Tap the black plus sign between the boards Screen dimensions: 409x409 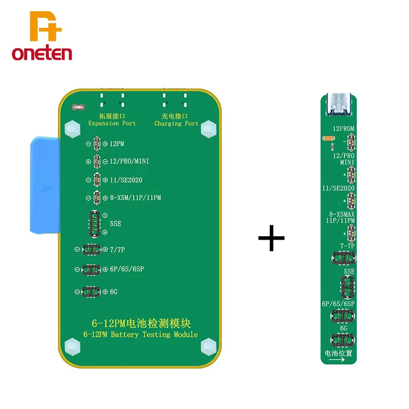271,238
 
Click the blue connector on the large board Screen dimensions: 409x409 44,185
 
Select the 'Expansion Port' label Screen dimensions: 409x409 112,123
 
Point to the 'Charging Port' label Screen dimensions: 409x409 176,123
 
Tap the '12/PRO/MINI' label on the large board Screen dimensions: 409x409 129,162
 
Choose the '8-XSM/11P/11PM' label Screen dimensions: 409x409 135,197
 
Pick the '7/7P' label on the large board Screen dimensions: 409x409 118,249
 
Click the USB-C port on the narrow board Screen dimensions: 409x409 338,104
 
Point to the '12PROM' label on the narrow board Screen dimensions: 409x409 344,129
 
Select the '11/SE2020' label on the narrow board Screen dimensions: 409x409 339,188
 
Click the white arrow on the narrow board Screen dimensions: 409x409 338,360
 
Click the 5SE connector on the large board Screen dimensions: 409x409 94,223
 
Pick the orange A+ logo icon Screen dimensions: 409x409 45,27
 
